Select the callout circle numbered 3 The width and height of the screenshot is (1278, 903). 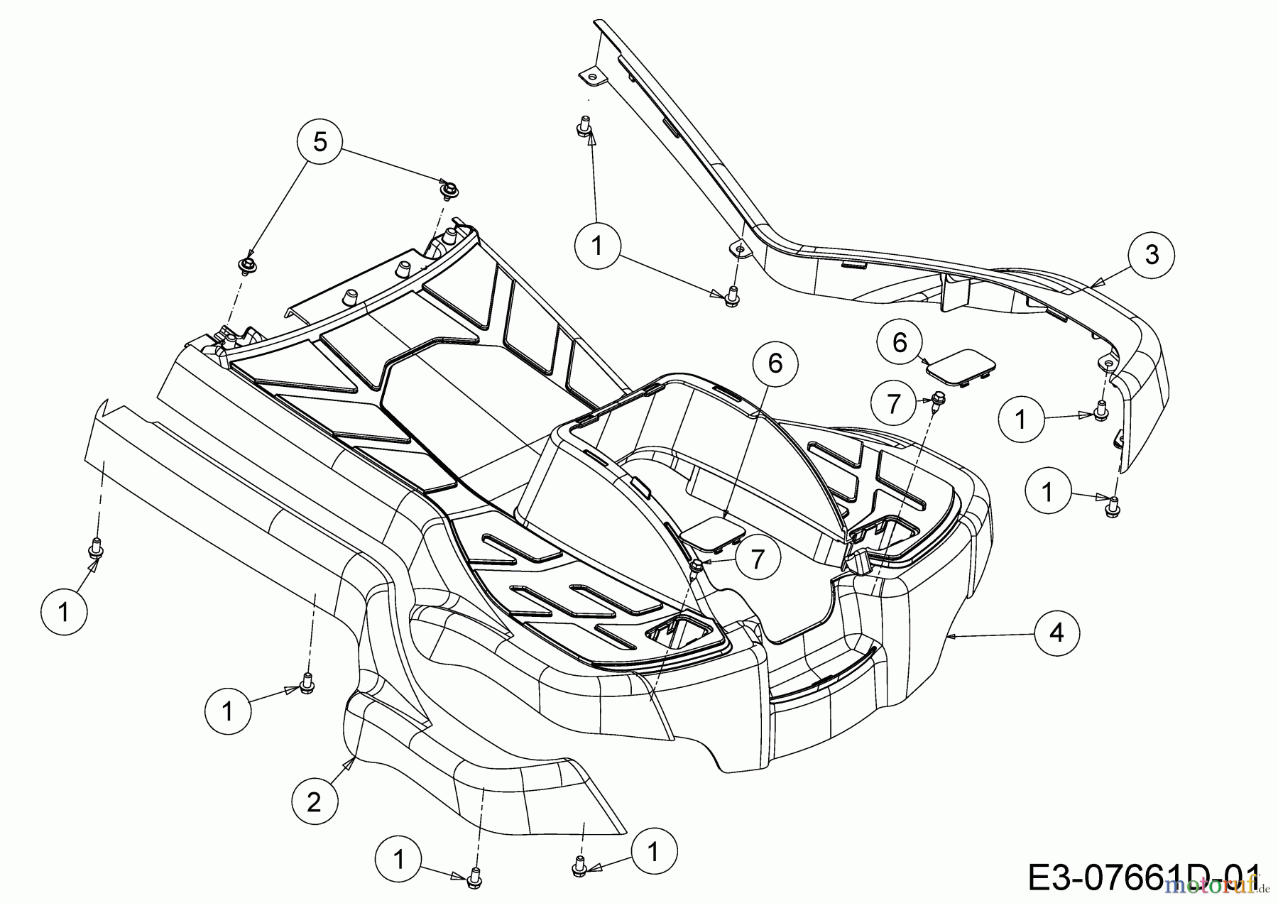click(1151, 254)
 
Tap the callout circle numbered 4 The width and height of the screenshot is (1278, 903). click(1056, 633)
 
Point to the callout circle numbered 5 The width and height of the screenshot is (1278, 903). click(320, 142)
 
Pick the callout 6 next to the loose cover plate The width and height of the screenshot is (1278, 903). click(900, 342)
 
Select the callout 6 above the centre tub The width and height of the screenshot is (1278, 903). click(775, 363)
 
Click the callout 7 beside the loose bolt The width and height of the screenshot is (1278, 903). click(894, 404)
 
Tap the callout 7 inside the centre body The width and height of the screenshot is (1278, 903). click(758, 559)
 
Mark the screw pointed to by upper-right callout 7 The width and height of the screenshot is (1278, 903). click(939, 398)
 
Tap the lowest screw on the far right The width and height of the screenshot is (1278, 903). click(1111, 505)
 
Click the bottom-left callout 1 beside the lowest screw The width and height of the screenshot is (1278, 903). click(399, 860)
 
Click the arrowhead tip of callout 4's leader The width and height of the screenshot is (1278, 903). click(948, 636)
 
